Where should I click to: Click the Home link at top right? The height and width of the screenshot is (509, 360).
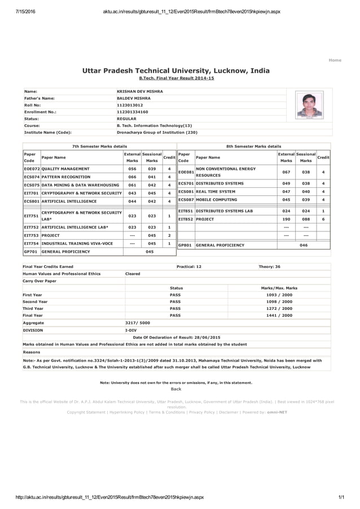[335, 60]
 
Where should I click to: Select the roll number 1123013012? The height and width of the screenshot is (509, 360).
[130, 105]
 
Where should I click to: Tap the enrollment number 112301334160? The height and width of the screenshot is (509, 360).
[132, 112]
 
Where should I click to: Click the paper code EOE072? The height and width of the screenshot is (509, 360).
[32, 169]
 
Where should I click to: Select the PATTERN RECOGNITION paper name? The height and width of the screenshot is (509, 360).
[66, 177]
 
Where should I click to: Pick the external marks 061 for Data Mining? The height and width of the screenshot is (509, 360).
[133, 185]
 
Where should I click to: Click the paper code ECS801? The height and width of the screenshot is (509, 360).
[32, 201]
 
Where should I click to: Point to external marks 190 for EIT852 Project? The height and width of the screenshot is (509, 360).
[286, 219]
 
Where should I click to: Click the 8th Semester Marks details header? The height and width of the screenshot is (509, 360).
[253, 146]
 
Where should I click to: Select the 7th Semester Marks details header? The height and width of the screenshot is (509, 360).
[99, 146]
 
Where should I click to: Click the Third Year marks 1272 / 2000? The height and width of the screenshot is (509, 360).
[279, 309]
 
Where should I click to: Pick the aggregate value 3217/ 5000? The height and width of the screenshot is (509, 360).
[137, 323]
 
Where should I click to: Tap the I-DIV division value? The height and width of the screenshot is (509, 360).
[131, 330]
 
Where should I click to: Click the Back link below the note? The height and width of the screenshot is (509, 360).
[176, 389]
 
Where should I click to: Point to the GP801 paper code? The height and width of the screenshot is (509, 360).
[185, 245]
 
